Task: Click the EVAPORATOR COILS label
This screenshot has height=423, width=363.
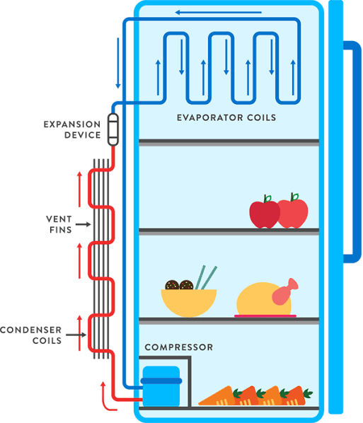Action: (x=226, y=117)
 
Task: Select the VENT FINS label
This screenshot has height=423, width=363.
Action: (x=57, y=225)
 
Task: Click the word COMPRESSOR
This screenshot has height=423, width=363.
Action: (x=179, y=348)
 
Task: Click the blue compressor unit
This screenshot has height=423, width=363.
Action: (x=161, y=386)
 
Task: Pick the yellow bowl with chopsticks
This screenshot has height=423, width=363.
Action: (x=188, y=301)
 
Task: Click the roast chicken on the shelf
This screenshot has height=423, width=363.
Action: (x=260, y=301)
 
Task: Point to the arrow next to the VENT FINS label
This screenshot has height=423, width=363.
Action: (x=83, y=225)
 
